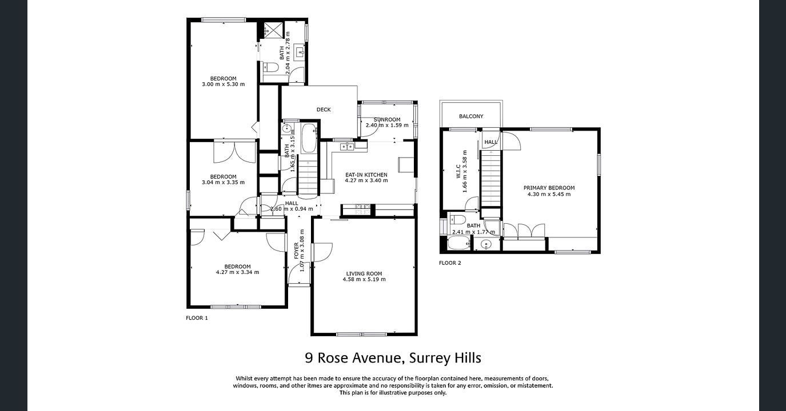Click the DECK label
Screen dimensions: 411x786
coord(324,110)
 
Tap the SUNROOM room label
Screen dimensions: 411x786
coord(387,119)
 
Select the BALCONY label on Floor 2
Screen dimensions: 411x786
coord(471,116)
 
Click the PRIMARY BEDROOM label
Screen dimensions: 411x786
coord(549,188)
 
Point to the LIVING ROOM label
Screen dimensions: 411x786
coord(364,273)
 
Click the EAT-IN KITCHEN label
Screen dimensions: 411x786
coord(366,175)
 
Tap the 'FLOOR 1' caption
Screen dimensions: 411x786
coord(197,318)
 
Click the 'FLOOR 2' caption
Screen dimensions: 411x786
coord(450,263)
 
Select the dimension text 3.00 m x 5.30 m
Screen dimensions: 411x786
coord(223,84)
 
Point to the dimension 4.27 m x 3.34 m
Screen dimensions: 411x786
coord(237,272)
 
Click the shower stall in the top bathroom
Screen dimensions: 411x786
coord(273,30)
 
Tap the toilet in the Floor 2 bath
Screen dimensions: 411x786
coord(457,220)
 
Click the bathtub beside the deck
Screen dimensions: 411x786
coord(309,138)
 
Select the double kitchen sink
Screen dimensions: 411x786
coord(346,147)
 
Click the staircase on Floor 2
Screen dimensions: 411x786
coord(489,177)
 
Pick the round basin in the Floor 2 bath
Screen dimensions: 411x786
coord(486,245)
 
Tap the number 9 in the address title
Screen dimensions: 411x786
coord(309,358)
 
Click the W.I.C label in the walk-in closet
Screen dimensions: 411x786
coord(458,171)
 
